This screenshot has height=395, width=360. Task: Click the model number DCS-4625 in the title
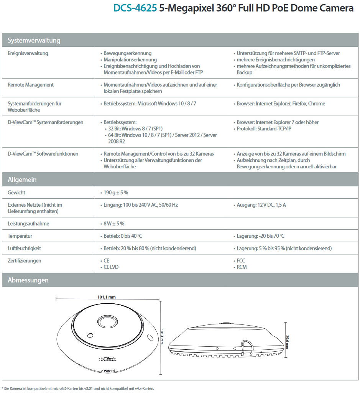(x=135, y=8)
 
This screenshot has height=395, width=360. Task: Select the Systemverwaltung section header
(x=34, y=40)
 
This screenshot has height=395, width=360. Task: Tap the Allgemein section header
(x=22, y=179)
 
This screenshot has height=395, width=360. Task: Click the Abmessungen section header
(x=28, y=280)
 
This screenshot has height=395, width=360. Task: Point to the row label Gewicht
(x=16, y=193)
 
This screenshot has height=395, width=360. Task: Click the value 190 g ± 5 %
(x=116, y=193)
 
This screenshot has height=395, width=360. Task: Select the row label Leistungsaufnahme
(x=28, y=224)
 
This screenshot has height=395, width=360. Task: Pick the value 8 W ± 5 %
(x=114, y=224)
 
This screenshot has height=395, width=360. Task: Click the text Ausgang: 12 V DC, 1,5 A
(x=261, y=205)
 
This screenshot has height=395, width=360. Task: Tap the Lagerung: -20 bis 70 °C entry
(x=260, y=236)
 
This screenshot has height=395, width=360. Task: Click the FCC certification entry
(x=241, y=260)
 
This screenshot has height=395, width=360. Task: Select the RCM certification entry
(x=242, y=267)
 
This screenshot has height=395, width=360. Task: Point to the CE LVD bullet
(x=111, y=267)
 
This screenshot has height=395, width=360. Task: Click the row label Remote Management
(x=31, y=85)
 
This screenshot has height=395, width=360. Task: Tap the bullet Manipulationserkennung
(x=130, y=60)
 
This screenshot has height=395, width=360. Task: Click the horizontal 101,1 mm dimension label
(x=106, y=297)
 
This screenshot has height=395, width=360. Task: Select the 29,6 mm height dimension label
(x=287, y=342)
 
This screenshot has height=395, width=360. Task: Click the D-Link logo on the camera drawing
(x=108, y=359)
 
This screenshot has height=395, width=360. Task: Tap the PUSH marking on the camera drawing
(x=108, y=371)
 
